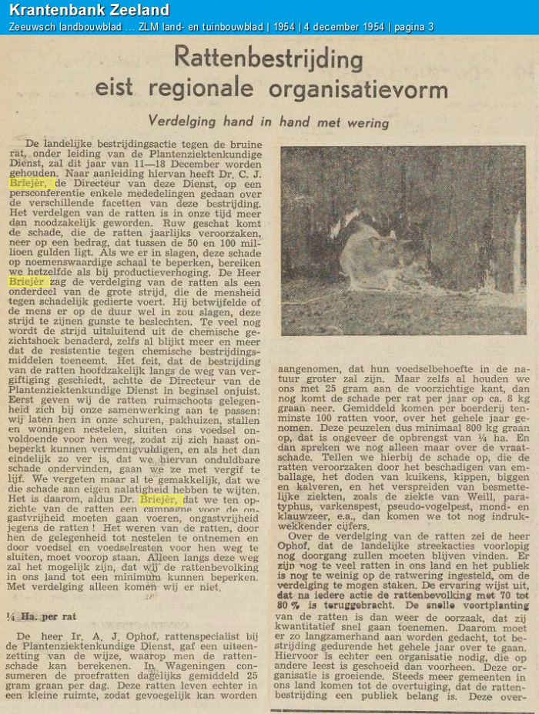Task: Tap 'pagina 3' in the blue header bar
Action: click(413, 27)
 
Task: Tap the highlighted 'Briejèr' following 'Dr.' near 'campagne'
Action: click(160, 499)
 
